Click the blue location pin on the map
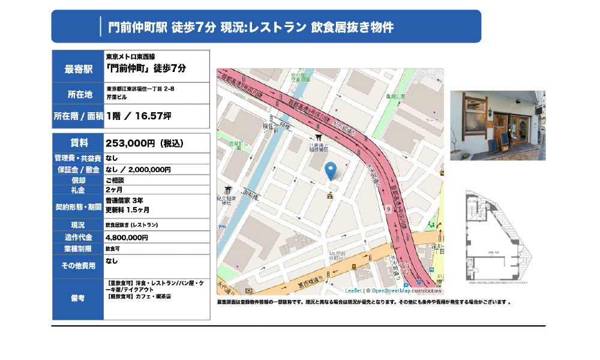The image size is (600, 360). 330,171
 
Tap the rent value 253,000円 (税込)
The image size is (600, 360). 144,143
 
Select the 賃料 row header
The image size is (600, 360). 79,143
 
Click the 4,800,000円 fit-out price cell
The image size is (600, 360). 127,238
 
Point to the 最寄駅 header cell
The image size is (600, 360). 79,69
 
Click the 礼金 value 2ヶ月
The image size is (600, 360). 115,190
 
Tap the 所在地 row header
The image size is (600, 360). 79,94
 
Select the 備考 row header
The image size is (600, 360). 79,298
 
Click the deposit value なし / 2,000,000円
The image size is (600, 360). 138,170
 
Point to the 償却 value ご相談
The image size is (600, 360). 115,180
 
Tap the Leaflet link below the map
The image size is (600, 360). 354,290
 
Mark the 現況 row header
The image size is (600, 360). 79,225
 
